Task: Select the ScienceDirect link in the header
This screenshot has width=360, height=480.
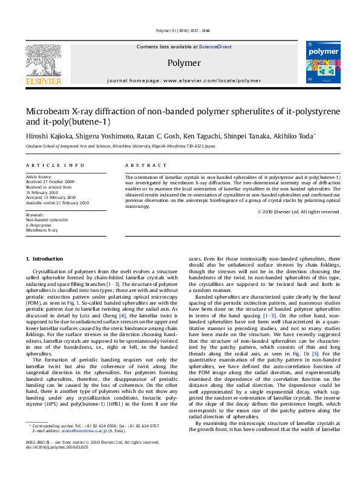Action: (x=215, y=47)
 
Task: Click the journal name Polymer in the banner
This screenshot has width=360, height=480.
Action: (x=183, y=63)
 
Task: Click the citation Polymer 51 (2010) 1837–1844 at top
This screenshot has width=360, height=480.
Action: (x=180, y=30)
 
